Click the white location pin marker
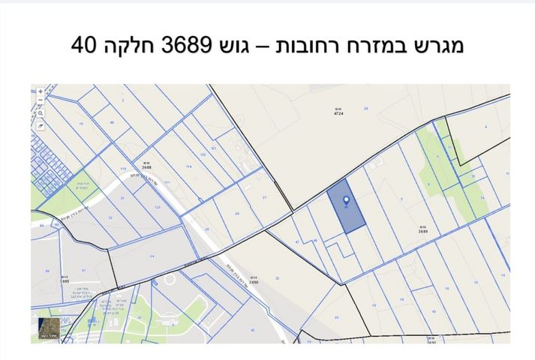click(346, 201)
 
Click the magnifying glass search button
click(41, 113)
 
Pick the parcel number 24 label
click(152, 256)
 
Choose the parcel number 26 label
click(237, 214)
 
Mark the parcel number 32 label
click(277, 278)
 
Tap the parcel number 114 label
click(189, 166)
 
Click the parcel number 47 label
click(297, 242)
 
